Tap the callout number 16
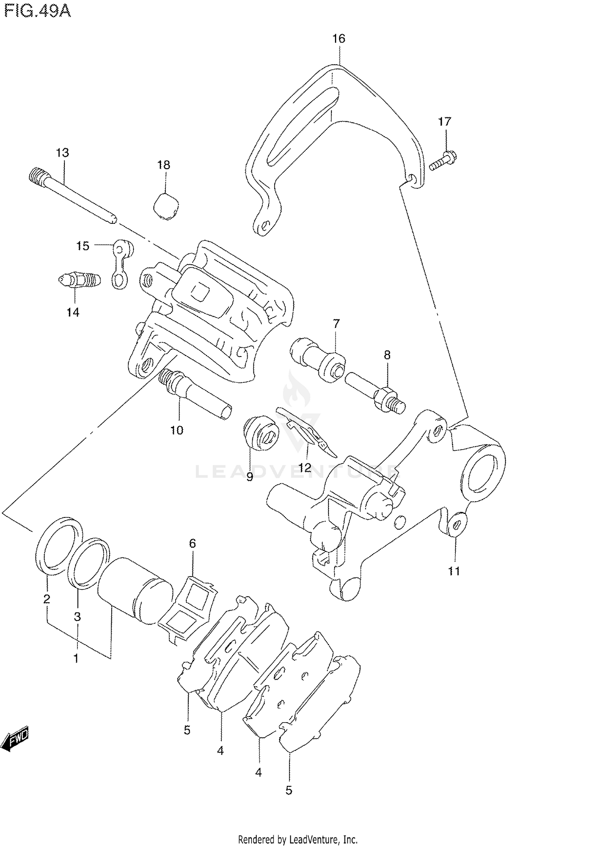click(339, 39)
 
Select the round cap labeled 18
click(166, 206)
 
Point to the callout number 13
click(62, 153)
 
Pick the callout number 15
click(83, 246)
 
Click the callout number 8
click(387, 355)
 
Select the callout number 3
click(77, 616)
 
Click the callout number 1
click(76, 658)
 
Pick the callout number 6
click(192, 543)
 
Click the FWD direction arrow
click(16, 740)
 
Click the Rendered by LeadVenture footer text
click(298, 839)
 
